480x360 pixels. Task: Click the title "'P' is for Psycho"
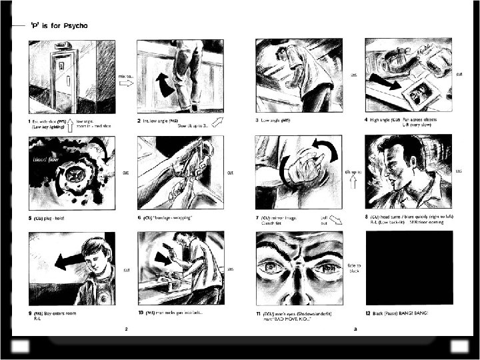coord(59,26)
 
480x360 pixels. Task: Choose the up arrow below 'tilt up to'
coord(354,182)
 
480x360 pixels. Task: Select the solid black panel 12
coord(408,268)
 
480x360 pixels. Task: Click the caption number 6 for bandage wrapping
coord(139,217)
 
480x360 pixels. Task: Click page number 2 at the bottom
coord(125,329)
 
